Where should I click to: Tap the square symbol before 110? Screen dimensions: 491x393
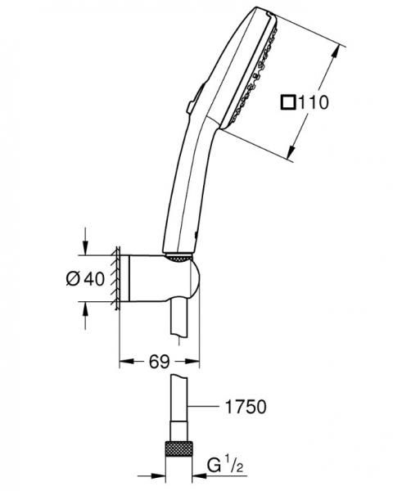point(288,103)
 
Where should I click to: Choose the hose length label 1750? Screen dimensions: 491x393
point(245,406)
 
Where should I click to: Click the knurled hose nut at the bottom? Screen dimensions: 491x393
point(181,449)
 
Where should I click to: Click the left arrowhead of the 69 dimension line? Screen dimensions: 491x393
point(124,360)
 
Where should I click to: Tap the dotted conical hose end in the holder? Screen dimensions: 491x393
point(178,259)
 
